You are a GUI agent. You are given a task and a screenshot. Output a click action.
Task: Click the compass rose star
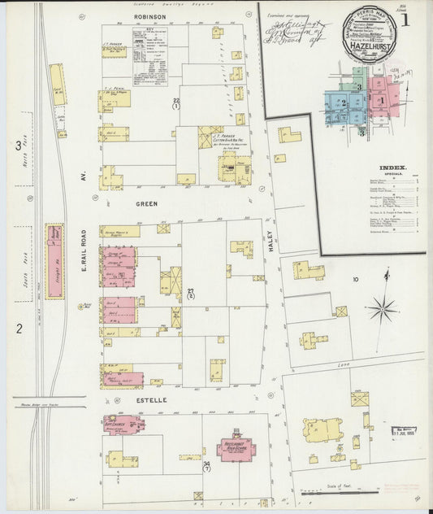[x=380, y=308]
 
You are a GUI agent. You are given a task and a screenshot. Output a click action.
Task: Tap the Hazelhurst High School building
[x=236, y=448]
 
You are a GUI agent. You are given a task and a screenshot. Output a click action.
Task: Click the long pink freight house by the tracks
[x=54, y=260]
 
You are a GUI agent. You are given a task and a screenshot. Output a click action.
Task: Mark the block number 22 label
[x=176, y=103]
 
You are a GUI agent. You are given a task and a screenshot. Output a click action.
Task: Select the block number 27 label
[x=191, y=294]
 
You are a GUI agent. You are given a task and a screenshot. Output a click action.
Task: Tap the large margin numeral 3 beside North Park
[x=18, y=146]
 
